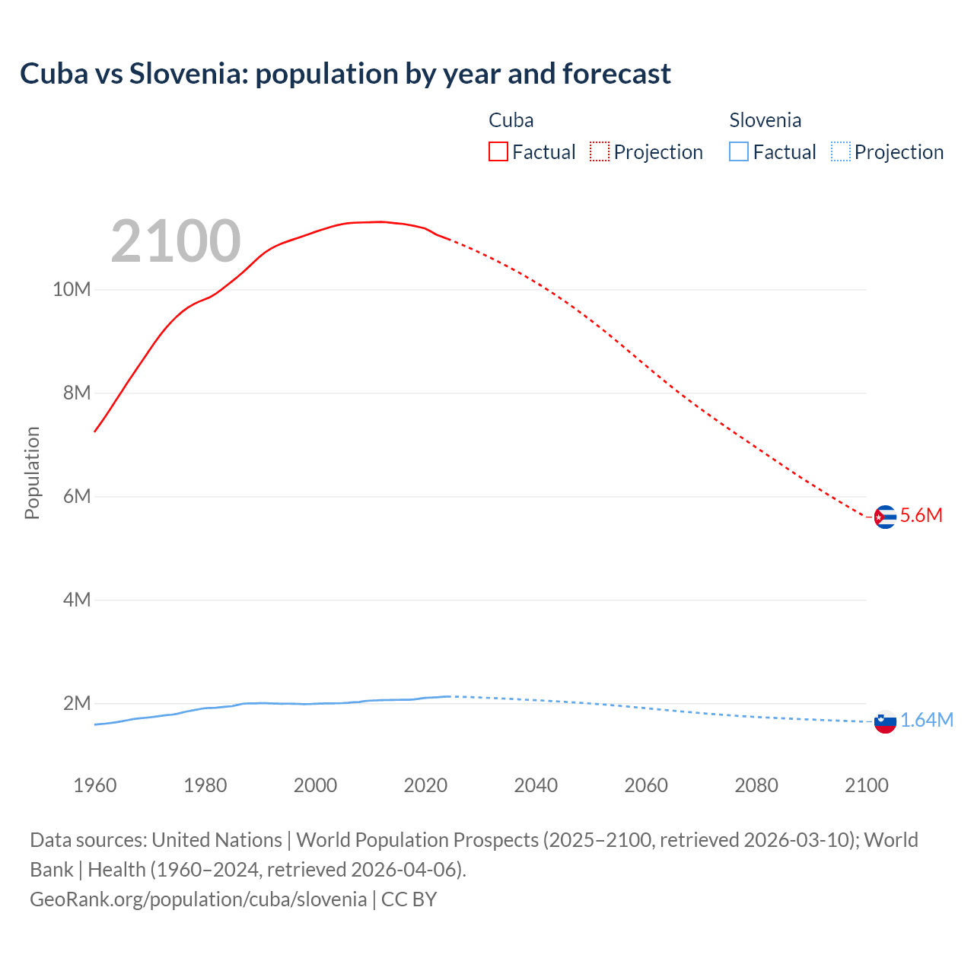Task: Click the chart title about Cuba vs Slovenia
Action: [x=345, y=74]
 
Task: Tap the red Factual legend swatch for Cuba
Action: [x=498, y=151]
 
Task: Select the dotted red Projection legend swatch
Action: [x=600, y=151]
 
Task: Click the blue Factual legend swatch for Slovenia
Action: [x=739, y=151]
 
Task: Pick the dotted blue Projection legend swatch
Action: [x=841, y=151]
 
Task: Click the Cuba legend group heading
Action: [x=511, y=120]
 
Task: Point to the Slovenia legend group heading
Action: [x=765, y=120]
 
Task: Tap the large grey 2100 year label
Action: [x=176, y=241]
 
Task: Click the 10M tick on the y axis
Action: [x=72, y=289]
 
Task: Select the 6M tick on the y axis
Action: [x=76, y=496]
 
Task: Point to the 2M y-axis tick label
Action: [x=76, y=703]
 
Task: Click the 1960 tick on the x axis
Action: [x=95, y=785]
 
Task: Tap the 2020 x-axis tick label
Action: [x=425, y=785]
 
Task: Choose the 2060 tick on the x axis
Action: [x=646, y=785]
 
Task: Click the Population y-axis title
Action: [x=32, y=473]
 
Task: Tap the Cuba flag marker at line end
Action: [x=884, y=517]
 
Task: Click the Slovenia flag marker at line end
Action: [x=885, y=721]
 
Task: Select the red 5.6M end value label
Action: [x=921, y=515]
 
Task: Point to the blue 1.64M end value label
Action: [x=927, y=720]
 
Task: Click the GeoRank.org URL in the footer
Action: [x=199, y=899]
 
